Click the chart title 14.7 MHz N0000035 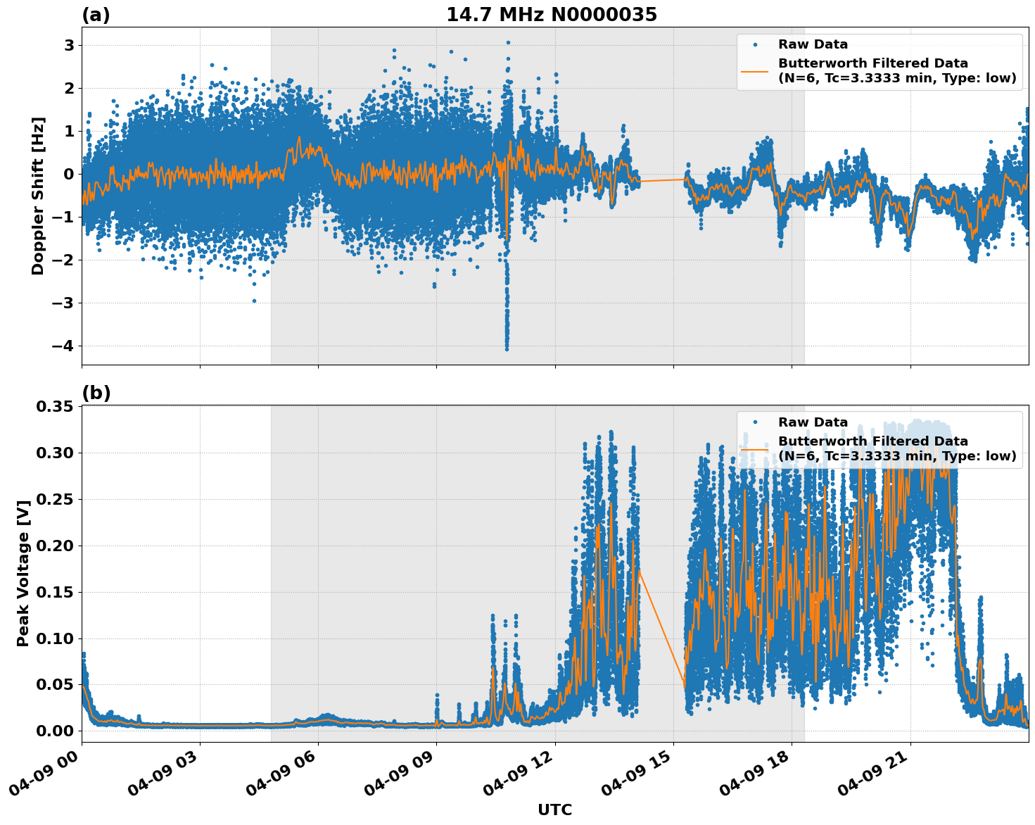tap(551, 15)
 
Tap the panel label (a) tap(96, 15)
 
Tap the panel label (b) tap(96, 393)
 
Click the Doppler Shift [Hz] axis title tap(38, 196)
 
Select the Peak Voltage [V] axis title tap(23, 574)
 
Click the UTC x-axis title tap(554, 810)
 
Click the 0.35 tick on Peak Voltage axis tap(56, 407)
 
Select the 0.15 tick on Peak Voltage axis tap(56, 592)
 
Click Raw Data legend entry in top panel tap(813, 44)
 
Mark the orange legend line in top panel tap(755, 70)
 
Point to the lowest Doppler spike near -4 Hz tap(506, 347)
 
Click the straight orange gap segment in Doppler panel tap(662, 180)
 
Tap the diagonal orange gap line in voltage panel tap(662, 626)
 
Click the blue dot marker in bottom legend tap(755, 422)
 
